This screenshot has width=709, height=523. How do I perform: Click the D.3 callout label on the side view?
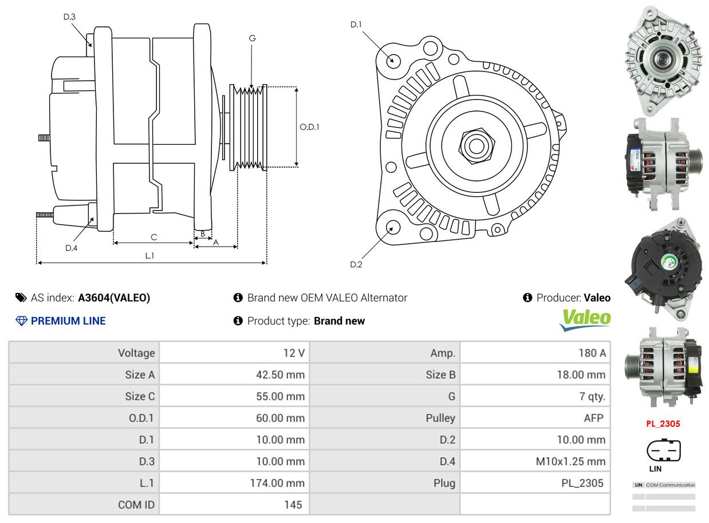69,17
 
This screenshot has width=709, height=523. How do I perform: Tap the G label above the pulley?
252,38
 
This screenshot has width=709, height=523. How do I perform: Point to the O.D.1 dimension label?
309,127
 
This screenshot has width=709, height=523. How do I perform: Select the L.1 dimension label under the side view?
149,256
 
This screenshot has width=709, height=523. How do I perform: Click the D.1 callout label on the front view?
356,25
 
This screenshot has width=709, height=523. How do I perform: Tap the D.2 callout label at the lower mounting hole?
356,264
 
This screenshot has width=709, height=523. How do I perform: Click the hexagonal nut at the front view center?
476,146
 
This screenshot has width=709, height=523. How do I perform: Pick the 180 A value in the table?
592,353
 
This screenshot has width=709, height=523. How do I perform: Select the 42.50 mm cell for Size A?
280,374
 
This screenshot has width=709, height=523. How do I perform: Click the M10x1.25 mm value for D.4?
570,461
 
